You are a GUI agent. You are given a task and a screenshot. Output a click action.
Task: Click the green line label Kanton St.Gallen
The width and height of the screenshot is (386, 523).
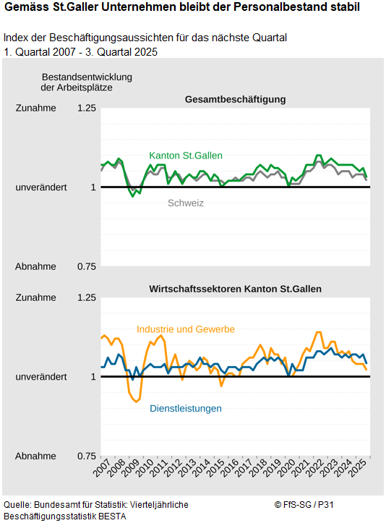[186, 156]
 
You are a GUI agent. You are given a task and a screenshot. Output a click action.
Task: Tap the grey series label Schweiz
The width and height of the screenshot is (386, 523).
[186, 203]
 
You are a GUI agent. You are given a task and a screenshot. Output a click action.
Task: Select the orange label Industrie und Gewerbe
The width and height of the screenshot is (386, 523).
[186, 329]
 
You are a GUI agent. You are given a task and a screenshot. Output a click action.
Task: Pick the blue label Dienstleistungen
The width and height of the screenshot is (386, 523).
[186, 409]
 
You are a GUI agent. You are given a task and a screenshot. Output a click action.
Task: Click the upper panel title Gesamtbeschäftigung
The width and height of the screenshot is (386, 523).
[235, 99]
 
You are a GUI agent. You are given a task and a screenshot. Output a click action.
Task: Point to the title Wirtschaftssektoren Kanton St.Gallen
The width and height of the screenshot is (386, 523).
[235, 289]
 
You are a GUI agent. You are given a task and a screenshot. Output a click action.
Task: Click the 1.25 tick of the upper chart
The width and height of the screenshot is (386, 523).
[87, 109]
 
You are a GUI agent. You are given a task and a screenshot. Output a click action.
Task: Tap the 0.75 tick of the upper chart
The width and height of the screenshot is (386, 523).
[87, 267]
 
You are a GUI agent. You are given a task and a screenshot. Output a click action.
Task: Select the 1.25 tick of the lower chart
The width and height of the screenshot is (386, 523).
[87, 297]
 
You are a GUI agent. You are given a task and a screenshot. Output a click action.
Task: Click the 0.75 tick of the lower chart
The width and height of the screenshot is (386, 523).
[87, 456]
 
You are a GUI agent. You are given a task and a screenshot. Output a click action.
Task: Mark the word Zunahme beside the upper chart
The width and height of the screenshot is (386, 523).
[35, 109]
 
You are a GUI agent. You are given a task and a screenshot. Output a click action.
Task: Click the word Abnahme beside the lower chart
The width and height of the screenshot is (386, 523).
[35, 456]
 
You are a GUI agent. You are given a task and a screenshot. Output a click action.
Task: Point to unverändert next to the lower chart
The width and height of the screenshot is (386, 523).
[41, 377]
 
